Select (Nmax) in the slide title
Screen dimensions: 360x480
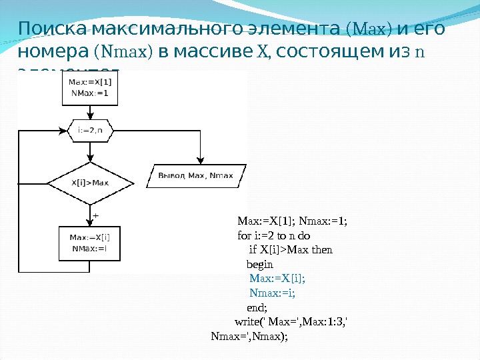[x=125, y=51]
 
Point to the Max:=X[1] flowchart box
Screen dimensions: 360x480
[x=89, y=88]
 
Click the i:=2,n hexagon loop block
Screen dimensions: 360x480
[x=90, y=131]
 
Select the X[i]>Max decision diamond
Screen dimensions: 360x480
[x=90, y=182]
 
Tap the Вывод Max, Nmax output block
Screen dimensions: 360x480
[x=195, y=175]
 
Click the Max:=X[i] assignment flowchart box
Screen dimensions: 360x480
[x=90, y=243]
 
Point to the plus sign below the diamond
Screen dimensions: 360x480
[x=95, y=216]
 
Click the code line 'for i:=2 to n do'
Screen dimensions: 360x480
[x=274, y=235]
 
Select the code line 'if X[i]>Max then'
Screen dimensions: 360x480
[x=291, y=249]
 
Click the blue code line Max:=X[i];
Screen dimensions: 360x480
[x=281, y=278]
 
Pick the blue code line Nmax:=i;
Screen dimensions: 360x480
[x=272, y=292]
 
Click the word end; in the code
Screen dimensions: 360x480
[x=257, y=307]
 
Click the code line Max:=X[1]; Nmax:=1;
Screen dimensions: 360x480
[x=293, y=221]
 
